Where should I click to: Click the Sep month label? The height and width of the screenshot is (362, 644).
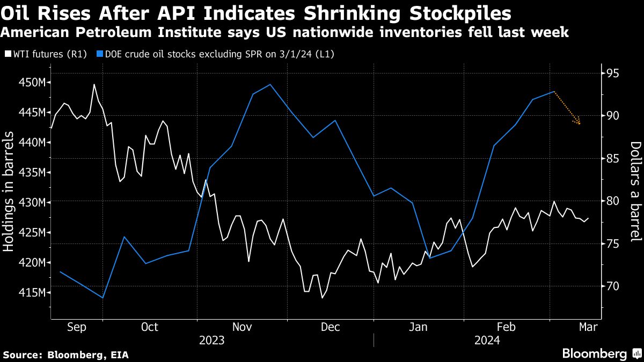click(77, 327)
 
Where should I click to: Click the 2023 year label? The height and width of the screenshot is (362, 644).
click(211, 341)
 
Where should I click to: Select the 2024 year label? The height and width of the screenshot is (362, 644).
click(487, 341)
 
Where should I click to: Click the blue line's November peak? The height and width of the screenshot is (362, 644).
click(270, 84)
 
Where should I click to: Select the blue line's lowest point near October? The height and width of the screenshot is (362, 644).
click(103, 298)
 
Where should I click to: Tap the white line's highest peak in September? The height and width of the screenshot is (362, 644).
click(94, 84)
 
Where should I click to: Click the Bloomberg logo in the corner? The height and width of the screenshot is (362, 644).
click(601, 353)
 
